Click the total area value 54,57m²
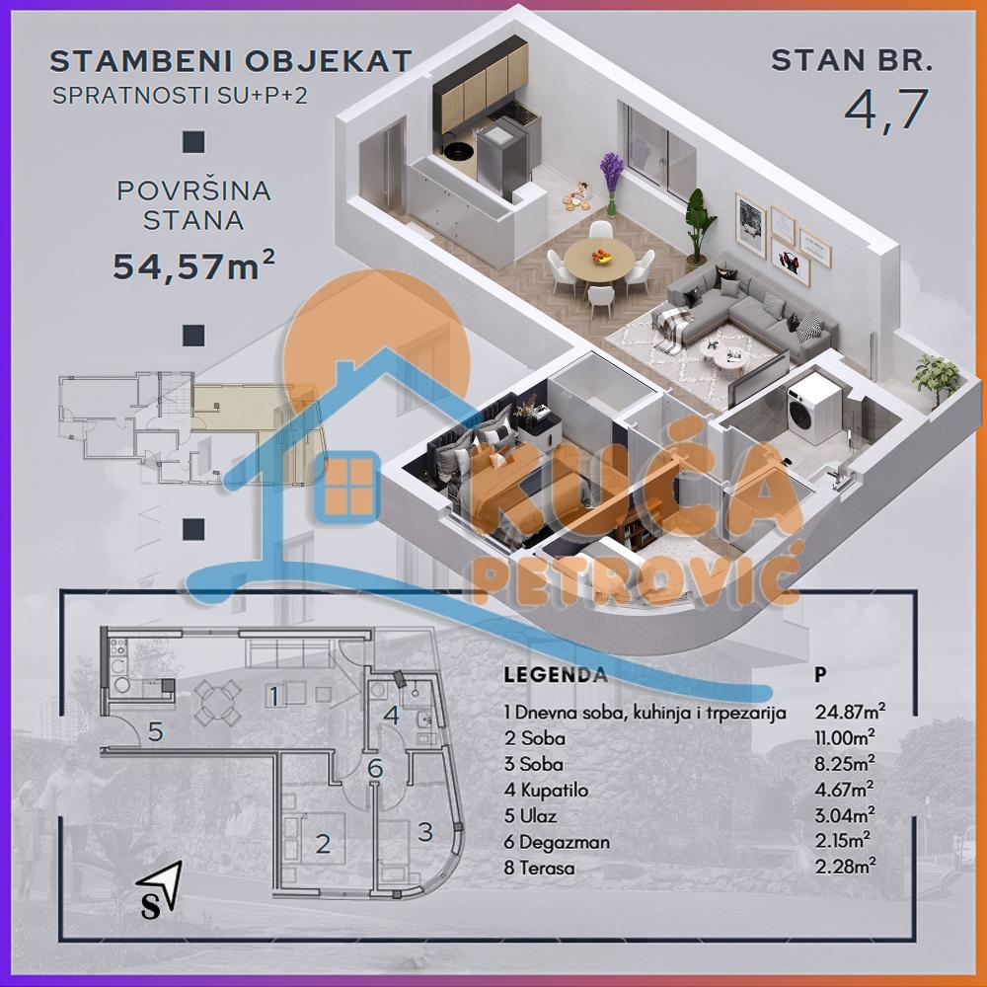pyautogui.click(x=193, y=266)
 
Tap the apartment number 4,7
pyautogui.click(x=886, y=110)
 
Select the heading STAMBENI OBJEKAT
pyautogui.click(x=230, y=61)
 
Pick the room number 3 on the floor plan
pyautogui.click(x=425, y=831)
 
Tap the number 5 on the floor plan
pyautogui.click(x=155, y=731)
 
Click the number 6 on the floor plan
pyautogui.click(x=374, y=768)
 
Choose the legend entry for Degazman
pyautogui.click(x=557, y=842)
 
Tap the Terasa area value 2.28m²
pyautogui.click(x=845, y=868)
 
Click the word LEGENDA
pyautogui.click(x=556, y=676)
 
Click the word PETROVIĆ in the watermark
pyautogui.click(x=638, y=584)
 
